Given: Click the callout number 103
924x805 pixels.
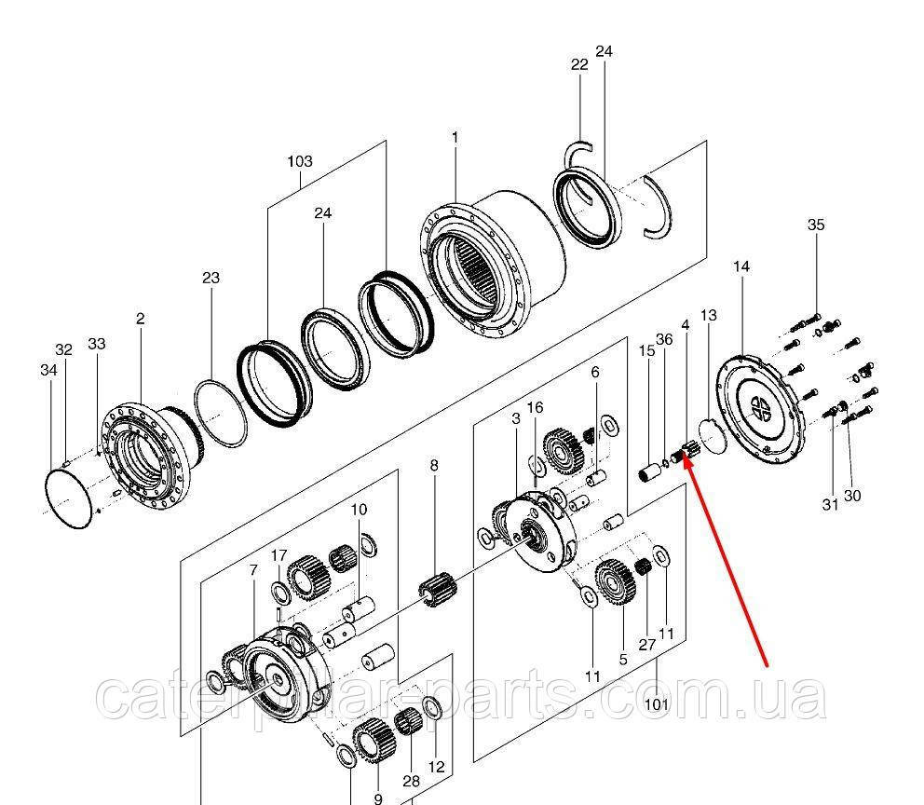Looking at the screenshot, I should (299, 161).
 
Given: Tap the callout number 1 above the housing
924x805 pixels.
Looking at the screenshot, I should (455, 138).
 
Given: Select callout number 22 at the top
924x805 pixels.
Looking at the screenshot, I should (579, 64).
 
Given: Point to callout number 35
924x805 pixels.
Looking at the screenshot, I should (816, 225).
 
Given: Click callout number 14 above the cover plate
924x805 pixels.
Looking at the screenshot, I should (741, 266).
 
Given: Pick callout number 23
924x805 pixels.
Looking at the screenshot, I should (211, 278).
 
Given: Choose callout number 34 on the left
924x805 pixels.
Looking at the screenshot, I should (48, 371).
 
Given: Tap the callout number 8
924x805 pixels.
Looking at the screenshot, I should (433, 465).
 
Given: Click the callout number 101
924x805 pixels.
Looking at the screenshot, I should (658, 704).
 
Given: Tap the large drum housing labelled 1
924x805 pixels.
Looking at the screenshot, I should (498, 266).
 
